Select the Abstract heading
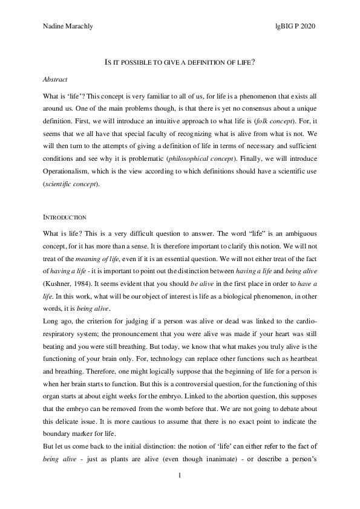56,79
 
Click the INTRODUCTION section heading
65,217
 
